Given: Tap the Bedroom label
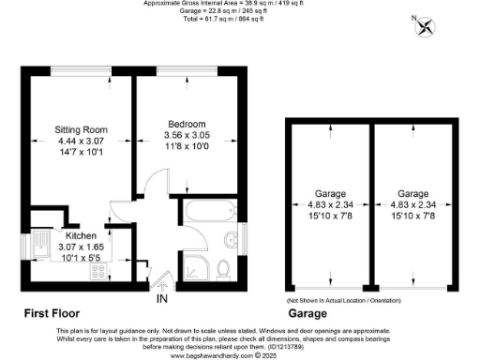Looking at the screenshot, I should coord(187,124).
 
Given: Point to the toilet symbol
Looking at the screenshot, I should coord(224,269).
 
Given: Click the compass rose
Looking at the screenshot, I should coord(427,26).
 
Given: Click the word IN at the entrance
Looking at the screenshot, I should coord(162,297).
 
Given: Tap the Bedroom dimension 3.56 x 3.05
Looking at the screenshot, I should coord(187,135).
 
